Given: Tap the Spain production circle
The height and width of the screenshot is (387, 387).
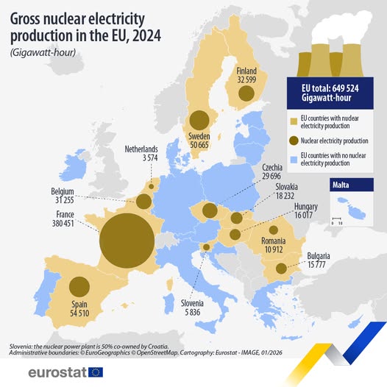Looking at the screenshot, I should [x=79, y=287].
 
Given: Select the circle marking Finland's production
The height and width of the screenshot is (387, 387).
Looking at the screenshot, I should [x=246, y=93].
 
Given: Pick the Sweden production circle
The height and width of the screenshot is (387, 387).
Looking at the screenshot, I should [x=199, y=121].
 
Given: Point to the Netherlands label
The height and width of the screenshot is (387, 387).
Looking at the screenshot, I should [x=140, y=149].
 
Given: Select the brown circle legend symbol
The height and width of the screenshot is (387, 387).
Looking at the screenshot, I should [x=294, y=141].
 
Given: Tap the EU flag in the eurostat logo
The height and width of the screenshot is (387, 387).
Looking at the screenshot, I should [x=96, y=372].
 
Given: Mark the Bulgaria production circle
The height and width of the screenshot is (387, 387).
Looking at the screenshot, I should [x=281, y=269].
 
